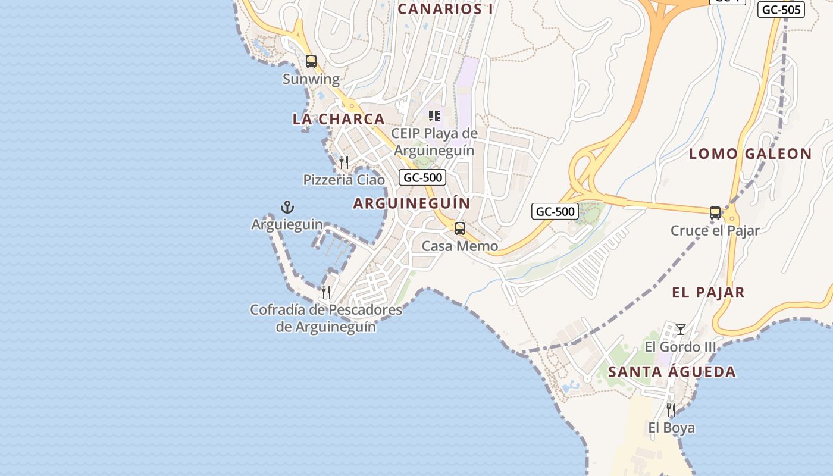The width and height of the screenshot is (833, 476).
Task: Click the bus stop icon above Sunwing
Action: coord(311,61)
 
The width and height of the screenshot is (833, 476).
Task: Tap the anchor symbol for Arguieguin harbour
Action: coord(287,207)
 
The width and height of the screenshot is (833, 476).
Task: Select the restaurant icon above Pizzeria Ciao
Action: coord(343,162)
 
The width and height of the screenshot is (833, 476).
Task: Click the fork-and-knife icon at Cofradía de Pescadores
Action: coord(326,292)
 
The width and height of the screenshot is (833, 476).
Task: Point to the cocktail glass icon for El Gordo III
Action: coord(681,329)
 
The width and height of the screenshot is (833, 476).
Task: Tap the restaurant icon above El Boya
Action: coord(671,410)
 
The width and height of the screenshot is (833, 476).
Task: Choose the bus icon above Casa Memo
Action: coord(459,228)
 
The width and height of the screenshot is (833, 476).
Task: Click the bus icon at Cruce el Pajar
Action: coord(715,213)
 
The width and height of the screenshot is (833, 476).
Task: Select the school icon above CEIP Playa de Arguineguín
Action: coord(434,115)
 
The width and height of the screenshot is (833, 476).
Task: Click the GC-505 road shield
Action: coord(781,10)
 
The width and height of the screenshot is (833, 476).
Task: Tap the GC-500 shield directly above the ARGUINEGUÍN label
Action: coord(422,177)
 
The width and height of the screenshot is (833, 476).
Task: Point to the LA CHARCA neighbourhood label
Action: coord(339,119)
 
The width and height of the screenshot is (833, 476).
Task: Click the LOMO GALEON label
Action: coord(750,154)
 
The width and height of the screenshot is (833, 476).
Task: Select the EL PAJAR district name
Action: coord(708,293)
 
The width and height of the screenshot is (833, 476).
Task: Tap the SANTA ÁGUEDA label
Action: coord(672,372)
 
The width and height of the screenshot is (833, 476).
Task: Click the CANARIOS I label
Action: coord(445,9)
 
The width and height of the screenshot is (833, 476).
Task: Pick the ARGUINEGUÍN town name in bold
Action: coord(412,203)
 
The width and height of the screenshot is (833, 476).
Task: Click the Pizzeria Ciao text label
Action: coord(344,180)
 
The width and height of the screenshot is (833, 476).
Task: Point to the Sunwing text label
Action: coord(311,79)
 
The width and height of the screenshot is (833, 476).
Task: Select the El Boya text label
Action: coord(671,428)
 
